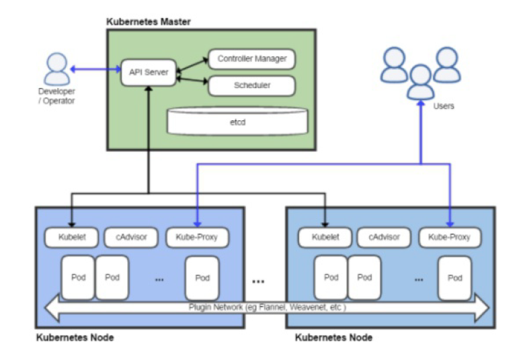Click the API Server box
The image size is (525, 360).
click(149, 72)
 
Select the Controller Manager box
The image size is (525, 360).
click(251, 59)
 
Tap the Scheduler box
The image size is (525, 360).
click(251, 86)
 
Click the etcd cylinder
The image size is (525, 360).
click(238, 122)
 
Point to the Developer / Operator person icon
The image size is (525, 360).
click(56, 68)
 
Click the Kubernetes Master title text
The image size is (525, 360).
click(149, 21)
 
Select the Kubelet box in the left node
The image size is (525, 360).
click(71, 237)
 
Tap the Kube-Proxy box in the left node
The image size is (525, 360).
click(196, 237)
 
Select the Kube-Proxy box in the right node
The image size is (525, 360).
click(449, 237)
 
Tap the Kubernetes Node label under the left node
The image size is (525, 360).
click(75, 337)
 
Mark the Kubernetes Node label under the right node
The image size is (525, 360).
click(333, 337)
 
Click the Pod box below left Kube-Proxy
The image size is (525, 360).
click(202, 277)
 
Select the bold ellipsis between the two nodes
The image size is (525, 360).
click(258, 281)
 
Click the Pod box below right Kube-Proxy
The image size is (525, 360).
click(455, 277)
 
